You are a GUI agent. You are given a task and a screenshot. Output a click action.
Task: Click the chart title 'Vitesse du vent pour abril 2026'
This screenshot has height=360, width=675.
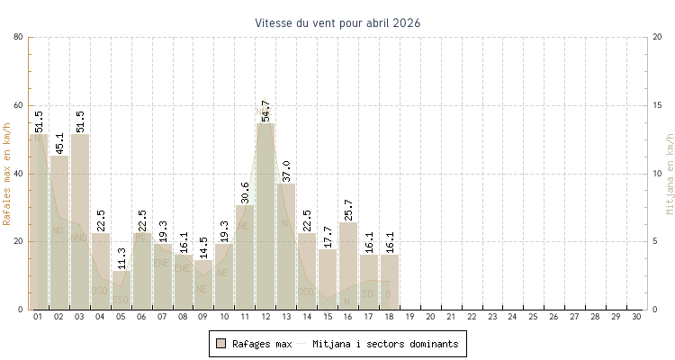337,22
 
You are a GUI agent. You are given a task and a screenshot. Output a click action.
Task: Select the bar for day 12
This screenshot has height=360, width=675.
265,216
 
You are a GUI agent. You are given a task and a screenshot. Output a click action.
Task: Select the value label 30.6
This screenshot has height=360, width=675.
245,193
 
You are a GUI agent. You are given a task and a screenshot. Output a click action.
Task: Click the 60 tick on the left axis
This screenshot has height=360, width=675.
18,105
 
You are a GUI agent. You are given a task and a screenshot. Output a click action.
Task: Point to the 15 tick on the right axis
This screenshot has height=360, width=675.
657,105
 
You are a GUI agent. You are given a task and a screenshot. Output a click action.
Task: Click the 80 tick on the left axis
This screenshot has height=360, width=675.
18,37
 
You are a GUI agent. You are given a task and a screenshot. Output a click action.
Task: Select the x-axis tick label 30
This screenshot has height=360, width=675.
637,317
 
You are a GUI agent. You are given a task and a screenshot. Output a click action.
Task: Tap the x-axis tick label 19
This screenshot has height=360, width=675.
409,317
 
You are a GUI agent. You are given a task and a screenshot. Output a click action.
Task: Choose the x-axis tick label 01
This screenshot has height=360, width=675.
38,317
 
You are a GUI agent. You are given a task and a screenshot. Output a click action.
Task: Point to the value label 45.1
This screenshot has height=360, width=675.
58,143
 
